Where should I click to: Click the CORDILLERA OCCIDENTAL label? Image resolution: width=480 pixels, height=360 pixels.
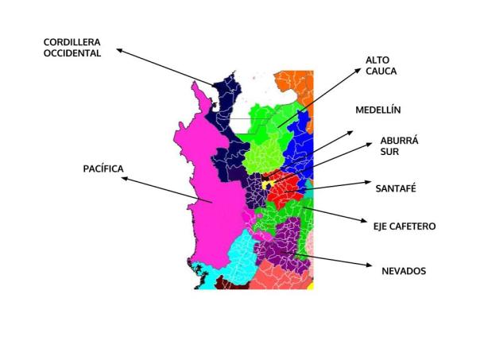(72, 48)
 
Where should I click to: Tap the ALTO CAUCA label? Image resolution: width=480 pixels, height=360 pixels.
(381, 65)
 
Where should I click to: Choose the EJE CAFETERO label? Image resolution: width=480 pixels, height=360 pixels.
(405, 226)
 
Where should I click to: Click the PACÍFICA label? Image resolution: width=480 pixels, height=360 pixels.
(106, 168)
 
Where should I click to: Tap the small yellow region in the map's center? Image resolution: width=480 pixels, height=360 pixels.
(269, 184)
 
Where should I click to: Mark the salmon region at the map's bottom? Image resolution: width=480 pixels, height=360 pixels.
(274, 277)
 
